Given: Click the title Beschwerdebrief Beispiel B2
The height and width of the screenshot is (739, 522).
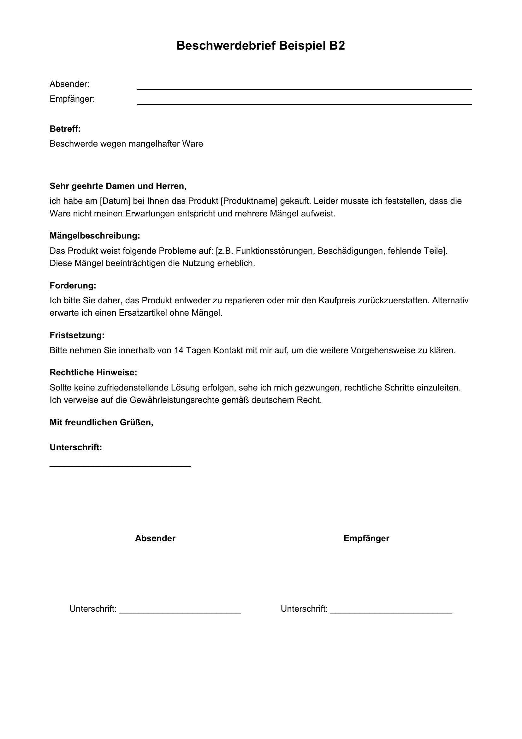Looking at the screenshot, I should pyautogui.click(x=261, y=46).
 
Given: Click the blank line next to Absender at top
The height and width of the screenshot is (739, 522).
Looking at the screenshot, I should pyautogui.click(x=304, y=89).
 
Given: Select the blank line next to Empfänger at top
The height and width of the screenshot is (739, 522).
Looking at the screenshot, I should pyautogui.click(x=304, y=104).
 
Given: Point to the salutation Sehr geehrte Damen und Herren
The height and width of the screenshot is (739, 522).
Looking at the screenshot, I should pyautogui.click(x=118, y=186).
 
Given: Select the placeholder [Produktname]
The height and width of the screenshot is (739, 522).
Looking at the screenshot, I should pyautogui.click(x=249, y=201).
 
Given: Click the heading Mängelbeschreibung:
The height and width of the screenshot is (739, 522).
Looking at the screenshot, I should pyautogui.click(x=95, y=236).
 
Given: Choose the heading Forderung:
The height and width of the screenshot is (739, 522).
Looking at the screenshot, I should pyautogui.click(x=73, y=286).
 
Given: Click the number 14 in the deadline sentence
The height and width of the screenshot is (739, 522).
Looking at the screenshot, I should pyautogui.click(x=178, y=350).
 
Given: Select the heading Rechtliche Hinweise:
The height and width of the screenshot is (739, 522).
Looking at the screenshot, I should pyautogui.click(x=93, y=373).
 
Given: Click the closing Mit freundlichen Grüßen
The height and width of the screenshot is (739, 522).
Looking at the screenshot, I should pyautogui.click(x=101, y=422).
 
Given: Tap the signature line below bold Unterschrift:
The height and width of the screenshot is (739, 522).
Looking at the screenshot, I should pyautogui.click(x=120, y=466).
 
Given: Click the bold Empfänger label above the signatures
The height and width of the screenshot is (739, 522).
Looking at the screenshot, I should pyautogui.click(x=366, y=538).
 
